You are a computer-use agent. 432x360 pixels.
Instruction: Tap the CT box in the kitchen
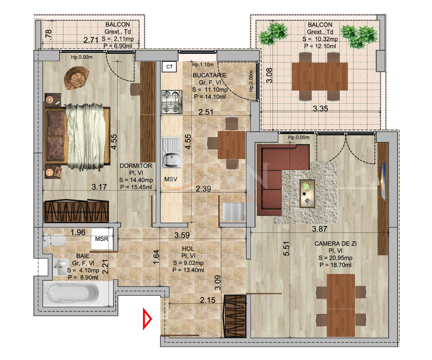169,67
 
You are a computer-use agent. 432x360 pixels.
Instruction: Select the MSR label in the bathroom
102,239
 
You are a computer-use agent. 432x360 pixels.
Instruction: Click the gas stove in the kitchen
172,102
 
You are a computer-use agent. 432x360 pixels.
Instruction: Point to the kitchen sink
171,153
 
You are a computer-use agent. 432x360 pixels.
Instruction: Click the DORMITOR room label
136,166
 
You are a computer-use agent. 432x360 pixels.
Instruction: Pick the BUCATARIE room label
210,75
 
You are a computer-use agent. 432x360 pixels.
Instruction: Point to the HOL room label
188,249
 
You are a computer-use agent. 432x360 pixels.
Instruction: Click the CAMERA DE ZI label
335,244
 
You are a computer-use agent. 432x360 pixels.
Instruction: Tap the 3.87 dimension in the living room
319,229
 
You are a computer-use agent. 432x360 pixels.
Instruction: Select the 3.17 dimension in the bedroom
99,187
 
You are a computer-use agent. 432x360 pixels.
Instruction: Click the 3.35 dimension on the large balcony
320,109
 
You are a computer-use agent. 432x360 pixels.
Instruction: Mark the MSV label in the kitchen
171,179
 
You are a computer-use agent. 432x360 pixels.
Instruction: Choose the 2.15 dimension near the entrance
208,300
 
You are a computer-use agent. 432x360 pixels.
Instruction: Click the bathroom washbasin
60,266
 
